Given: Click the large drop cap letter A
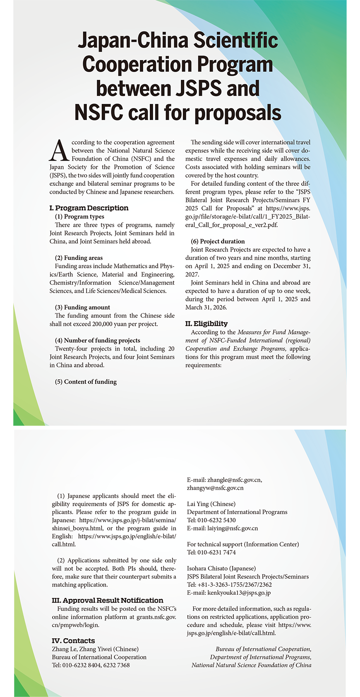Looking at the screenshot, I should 59,151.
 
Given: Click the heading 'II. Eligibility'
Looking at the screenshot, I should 206,324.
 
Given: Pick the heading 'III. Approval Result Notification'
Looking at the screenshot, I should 108,600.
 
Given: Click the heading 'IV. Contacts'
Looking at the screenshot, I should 73,641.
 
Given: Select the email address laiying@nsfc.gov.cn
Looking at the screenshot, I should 233,528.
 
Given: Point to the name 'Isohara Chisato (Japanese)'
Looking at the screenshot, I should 221,568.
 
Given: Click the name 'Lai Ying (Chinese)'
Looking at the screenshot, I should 211,504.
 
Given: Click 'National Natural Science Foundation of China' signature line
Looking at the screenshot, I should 251,665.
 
